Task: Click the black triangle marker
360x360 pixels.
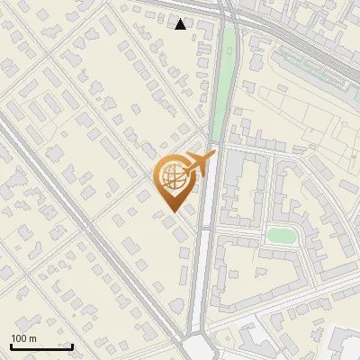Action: pos(181,24)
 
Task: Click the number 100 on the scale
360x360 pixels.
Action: pos(19,338)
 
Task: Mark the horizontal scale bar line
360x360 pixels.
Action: pos(40,346)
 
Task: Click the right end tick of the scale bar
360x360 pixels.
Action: pos(72,345)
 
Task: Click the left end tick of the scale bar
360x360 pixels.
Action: pos(10,345)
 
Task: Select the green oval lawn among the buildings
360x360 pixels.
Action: pos(282,236)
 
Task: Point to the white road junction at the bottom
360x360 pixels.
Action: pos(199,349)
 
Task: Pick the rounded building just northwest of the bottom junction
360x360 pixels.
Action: pos(176,310)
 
